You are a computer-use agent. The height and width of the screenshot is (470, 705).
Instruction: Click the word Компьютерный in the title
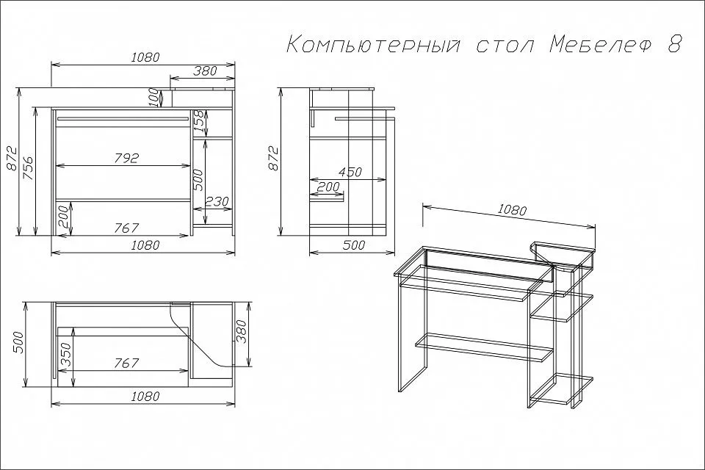(374, 46)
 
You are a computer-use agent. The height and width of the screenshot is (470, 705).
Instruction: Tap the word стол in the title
(504, 46)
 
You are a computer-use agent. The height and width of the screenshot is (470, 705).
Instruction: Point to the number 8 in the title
(674, 45)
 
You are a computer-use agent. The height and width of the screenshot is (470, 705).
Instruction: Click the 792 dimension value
(126, 159)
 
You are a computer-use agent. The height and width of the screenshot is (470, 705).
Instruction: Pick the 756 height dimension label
(27, 167)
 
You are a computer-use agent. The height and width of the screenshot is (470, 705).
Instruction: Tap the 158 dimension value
(199, 121)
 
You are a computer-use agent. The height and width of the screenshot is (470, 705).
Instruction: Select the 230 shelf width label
(217, 200)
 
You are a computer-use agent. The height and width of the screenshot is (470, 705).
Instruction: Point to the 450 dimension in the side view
(350, 173)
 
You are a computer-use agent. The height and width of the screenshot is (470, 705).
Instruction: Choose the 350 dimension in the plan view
(65, 355)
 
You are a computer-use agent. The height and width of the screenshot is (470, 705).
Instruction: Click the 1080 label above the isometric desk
(512, 209)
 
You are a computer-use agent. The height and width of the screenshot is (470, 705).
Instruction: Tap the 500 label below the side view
(354, 245)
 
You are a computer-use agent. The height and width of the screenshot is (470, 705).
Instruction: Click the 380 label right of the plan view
(242, 332)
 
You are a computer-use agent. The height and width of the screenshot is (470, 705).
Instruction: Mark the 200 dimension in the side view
(328, 187)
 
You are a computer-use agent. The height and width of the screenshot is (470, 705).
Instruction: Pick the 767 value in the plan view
(126, 363)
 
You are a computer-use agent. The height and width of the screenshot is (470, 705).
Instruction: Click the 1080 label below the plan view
(145, 397)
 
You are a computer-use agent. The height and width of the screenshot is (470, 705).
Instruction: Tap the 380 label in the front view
(205, 70)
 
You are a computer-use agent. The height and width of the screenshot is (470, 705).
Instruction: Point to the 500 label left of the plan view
(17, 343)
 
